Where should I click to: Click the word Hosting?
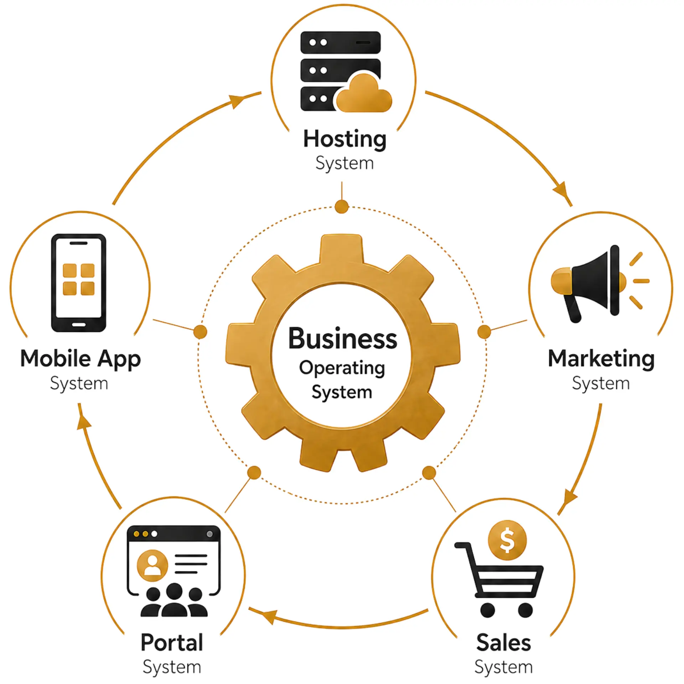coord(344,139)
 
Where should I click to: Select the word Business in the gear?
coord(342,338)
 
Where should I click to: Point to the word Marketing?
coord(601,359)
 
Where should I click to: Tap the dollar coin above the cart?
coord(507,540)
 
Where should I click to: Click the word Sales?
coord(503,643)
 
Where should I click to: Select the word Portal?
coord(172,643)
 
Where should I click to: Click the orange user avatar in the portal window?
coord(152,565)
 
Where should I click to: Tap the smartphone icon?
coord(79,283)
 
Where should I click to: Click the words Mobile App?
coord(81,359)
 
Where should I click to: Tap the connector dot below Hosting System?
coord(342,207)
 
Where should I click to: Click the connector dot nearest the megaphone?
coord(484,332)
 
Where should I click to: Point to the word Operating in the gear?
coord(342,368)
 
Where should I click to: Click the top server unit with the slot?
coord(341,42)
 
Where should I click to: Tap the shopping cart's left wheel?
coord(487,610)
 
